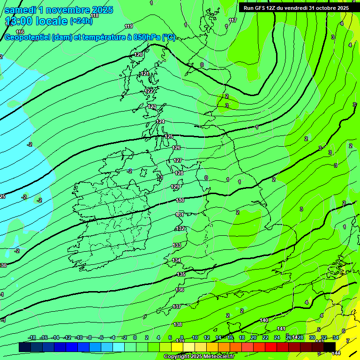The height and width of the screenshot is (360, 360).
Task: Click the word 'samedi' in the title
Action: click(22, 10)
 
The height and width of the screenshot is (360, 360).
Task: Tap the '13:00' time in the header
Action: click(19, 21)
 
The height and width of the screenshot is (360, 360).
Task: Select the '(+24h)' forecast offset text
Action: click(81, 21)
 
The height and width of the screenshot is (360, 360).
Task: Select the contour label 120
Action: click(139, 55)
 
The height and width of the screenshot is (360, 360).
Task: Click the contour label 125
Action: click(169, 136)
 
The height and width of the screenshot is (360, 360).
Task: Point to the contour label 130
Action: click(180, 200)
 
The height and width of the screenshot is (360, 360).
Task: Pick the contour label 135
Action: click(181, 274)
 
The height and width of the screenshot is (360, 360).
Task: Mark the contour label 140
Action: click(264, 320)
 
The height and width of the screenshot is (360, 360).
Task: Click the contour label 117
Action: click(233, 20)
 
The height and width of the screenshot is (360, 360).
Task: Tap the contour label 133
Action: click(177, 245)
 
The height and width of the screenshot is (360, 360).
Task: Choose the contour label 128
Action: click(179, 173)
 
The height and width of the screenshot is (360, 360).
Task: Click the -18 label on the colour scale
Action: click(32, 337)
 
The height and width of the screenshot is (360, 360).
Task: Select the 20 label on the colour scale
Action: click(253, 337)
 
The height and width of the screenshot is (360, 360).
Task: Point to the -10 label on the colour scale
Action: click(79, 337)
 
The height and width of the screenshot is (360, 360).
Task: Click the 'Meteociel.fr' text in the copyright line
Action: click(218, 357)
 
